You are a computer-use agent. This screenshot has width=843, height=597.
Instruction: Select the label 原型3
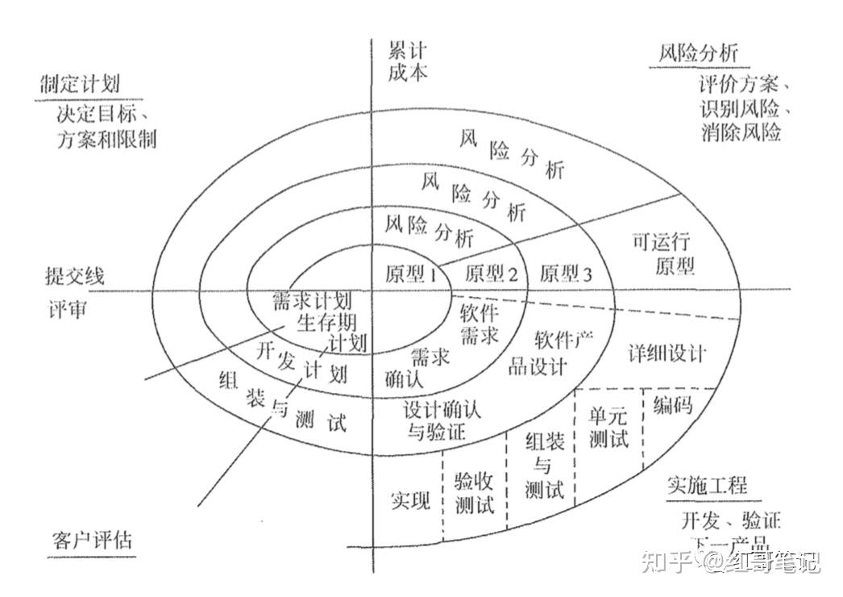click(x=566, y=273)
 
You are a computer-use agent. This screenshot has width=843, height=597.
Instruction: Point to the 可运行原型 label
click(x=664, y=254)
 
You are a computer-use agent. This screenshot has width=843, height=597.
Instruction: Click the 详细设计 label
click(x=667, y=353)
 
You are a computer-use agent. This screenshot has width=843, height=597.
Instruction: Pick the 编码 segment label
click(x=673, y=403)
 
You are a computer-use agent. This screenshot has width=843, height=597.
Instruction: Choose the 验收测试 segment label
click(x=475, y=494)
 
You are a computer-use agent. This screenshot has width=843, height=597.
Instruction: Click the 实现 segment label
click(x=411, y=500)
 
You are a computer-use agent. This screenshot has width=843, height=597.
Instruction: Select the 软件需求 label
click(x=479, y=324)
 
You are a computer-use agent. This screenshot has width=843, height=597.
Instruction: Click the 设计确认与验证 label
click(x=442, y=420)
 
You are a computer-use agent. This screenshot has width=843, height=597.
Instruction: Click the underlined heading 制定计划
click(x=79, y=83)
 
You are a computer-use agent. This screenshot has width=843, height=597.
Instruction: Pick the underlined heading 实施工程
click(x=708, y=485)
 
